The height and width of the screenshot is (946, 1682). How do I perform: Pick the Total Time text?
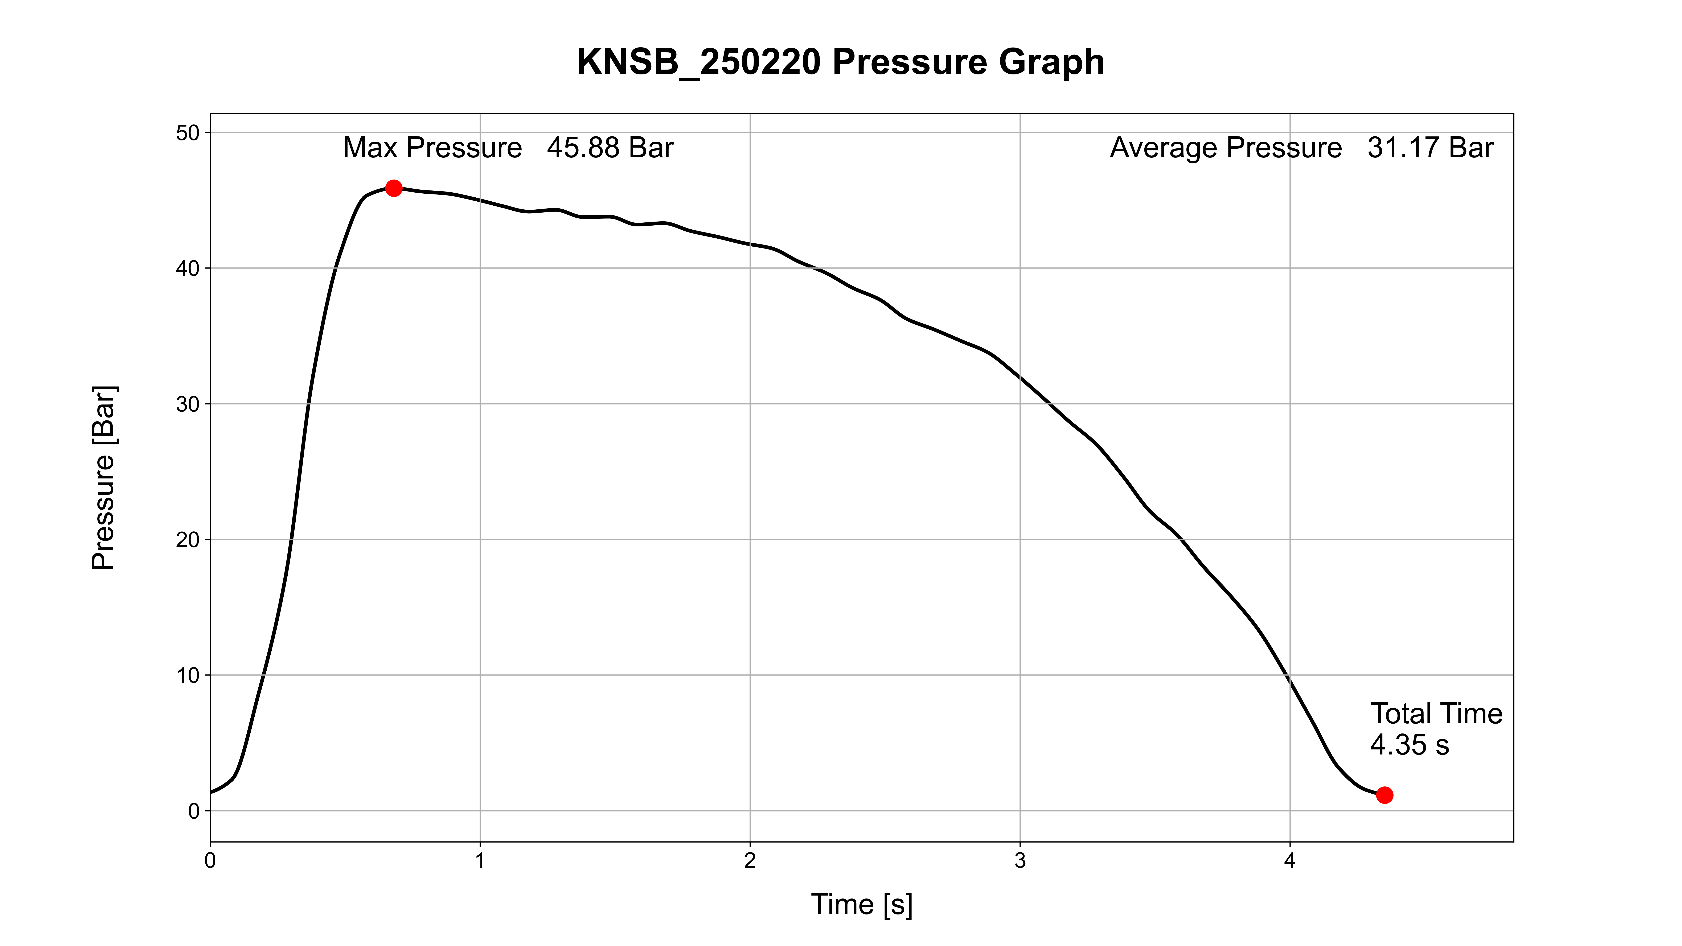click(x=1436, y=713)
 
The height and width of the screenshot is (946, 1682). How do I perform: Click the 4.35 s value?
click(x=1409, y=745)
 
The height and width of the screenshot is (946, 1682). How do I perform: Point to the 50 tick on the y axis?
click(x=187, y=133)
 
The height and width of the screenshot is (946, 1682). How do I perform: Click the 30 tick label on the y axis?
click(x=187, y=404)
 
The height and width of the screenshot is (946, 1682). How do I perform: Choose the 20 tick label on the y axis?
click(x=187, y=540)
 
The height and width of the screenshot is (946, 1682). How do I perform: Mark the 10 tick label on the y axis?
click(x=187, y=676)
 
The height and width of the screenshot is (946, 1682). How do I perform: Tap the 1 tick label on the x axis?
click(x=480, y=860)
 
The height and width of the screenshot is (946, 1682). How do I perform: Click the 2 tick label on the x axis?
click(x=750, y=860)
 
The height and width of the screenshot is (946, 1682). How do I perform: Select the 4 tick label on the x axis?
click(x=1290, y=860)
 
